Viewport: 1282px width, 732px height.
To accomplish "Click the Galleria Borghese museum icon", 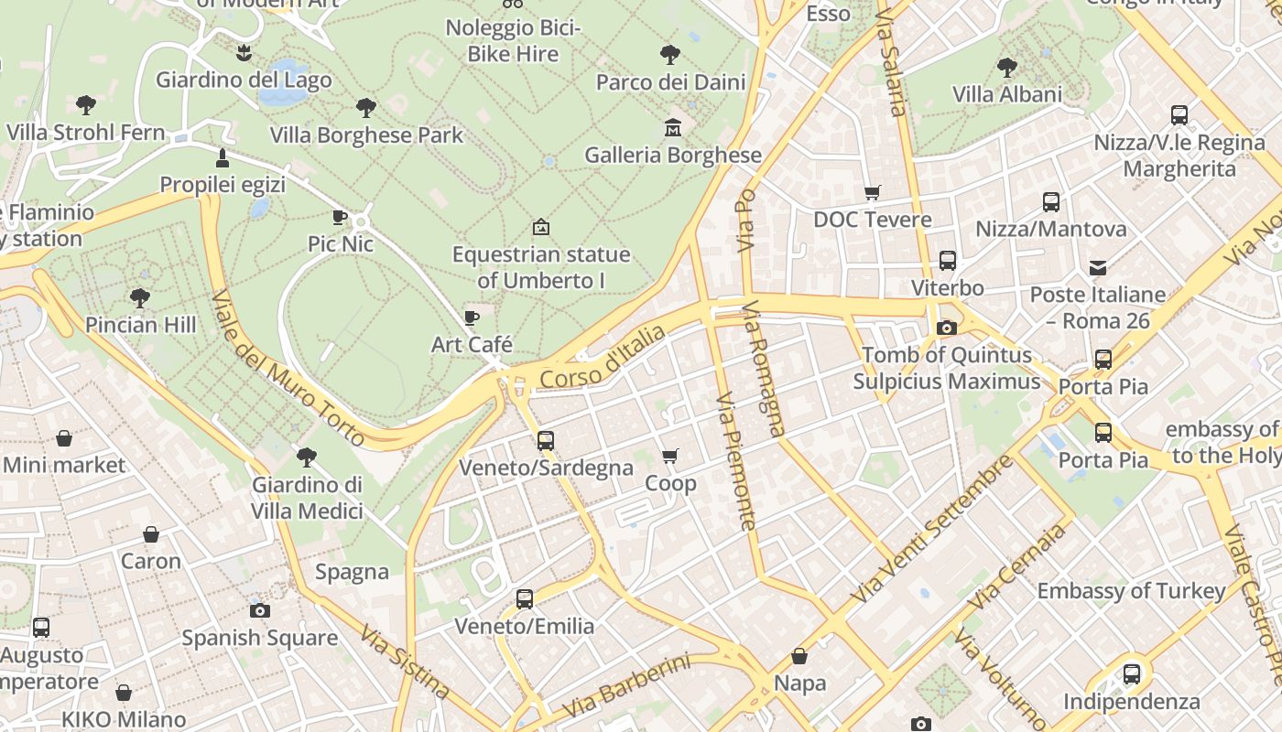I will click(x=673, y=128).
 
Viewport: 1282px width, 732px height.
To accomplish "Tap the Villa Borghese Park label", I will click(x=366, y=135).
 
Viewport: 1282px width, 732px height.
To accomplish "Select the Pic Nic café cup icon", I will click(x=340, y=217).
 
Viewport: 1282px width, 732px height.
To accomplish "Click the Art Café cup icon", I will click(x=472, y=318).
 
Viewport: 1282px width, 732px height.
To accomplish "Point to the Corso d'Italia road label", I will click(x=603, y=358).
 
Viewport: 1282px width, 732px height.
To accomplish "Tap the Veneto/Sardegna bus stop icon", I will click(x=546, y=441).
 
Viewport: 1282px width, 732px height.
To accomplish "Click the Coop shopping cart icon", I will click(x=670, y=456).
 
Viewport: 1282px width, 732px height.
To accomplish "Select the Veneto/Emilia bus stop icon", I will click(x=525, y=599).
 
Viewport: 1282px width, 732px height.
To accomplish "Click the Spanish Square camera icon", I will click(x=260, y=610).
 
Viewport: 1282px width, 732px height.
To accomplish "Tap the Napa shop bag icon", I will click(x=799, y=656).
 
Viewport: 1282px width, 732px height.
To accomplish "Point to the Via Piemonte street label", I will click(x=736, y=462).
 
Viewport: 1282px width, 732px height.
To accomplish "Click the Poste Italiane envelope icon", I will click(x=1097, y=268).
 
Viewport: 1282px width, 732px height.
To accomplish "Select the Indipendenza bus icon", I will click(x=1132, y=674).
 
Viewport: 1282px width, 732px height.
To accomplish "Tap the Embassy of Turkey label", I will click(x=1130, y=591).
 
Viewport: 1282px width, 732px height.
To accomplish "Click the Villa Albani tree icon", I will click(x=1007, y=67).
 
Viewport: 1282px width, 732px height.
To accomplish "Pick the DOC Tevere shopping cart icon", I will click(x=872, y=192).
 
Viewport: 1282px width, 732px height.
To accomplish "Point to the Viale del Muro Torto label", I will click(x=288, y=370).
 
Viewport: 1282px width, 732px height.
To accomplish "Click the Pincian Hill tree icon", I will click(x=140, y=297).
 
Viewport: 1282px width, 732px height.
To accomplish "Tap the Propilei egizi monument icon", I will click(x=222, y=158).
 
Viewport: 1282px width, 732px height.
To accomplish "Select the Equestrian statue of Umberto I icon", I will click(x=541, y=226).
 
